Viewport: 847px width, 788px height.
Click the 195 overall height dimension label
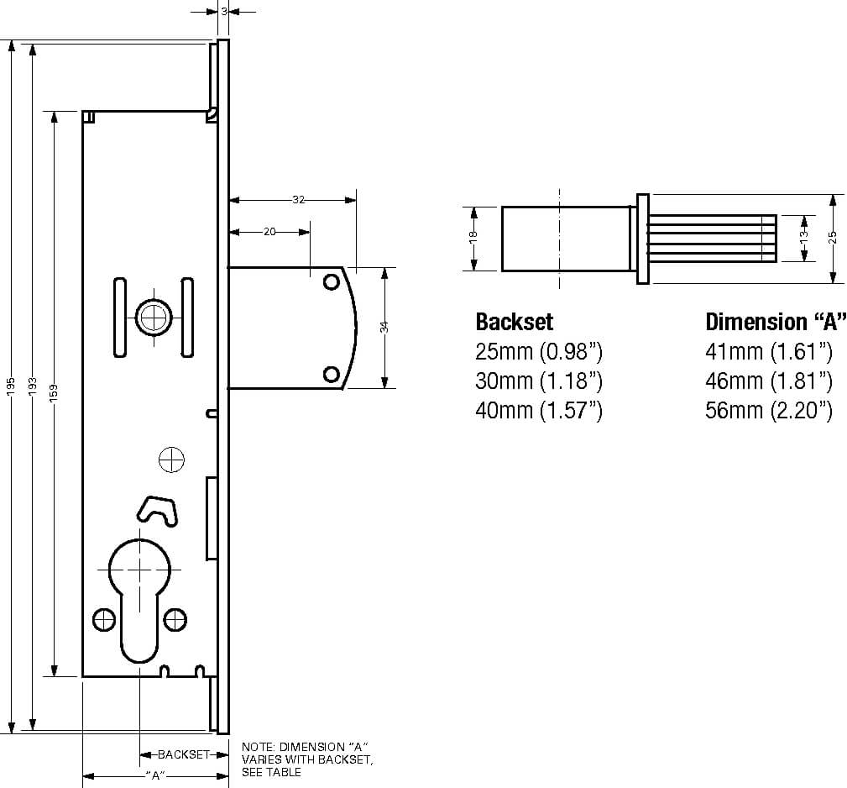click(12, 386)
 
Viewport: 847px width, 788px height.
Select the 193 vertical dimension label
click(33, 386)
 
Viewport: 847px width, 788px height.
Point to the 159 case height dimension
click(54, 392)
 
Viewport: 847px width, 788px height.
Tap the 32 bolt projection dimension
click(299, 200)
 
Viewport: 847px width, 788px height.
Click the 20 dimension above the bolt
click(269, 232)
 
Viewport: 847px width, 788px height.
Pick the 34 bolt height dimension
click(384, 327)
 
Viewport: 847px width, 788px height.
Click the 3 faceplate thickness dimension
click(224, 11)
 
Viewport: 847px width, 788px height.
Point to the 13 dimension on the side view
click(804, 234)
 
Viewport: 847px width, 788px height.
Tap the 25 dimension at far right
click(833, 237)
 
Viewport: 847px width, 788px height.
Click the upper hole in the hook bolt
click(331, 281)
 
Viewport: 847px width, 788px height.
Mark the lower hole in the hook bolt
click(331, 374)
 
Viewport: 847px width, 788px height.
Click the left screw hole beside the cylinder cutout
click(104, 619)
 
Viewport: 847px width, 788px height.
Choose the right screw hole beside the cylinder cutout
click(175, 619)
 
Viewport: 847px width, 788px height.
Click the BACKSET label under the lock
click(183, 754)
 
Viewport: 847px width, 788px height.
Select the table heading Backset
click(515, 322)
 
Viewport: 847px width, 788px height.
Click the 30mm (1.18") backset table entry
click(539, 381)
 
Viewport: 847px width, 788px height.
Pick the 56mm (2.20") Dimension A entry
click(769, 410)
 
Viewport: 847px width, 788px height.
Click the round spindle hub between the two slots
click(154, 317)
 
